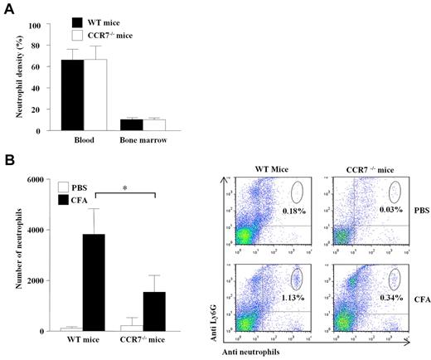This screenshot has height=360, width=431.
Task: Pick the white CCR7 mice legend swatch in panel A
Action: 77,36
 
